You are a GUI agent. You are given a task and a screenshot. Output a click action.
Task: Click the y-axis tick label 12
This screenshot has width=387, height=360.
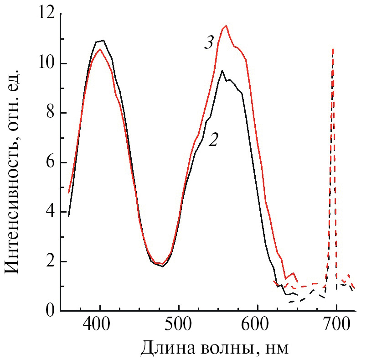pos(45,14)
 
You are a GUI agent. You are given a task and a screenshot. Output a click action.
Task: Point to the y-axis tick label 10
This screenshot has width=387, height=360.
pos(45,63)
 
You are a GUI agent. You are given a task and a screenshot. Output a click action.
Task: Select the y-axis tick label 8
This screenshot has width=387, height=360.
pos(50,113)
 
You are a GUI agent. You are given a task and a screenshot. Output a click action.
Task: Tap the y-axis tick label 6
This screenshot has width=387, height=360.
pos(50,162)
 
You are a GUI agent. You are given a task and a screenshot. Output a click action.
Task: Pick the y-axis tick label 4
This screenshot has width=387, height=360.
pos(50,212)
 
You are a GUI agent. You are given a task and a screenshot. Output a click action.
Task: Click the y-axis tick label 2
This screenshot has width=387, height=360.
pos(50,261)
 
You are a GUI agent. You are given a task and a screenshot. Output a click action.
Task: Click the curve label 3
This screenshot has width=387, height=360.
pos(208,44)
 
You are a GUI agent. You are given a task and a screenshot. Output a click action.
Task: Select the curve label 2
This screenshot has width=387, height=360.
pos(213,140)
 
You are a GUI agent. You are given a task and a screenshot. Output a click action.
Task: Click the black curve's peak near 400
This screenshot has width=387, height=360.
pos(103,40)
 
